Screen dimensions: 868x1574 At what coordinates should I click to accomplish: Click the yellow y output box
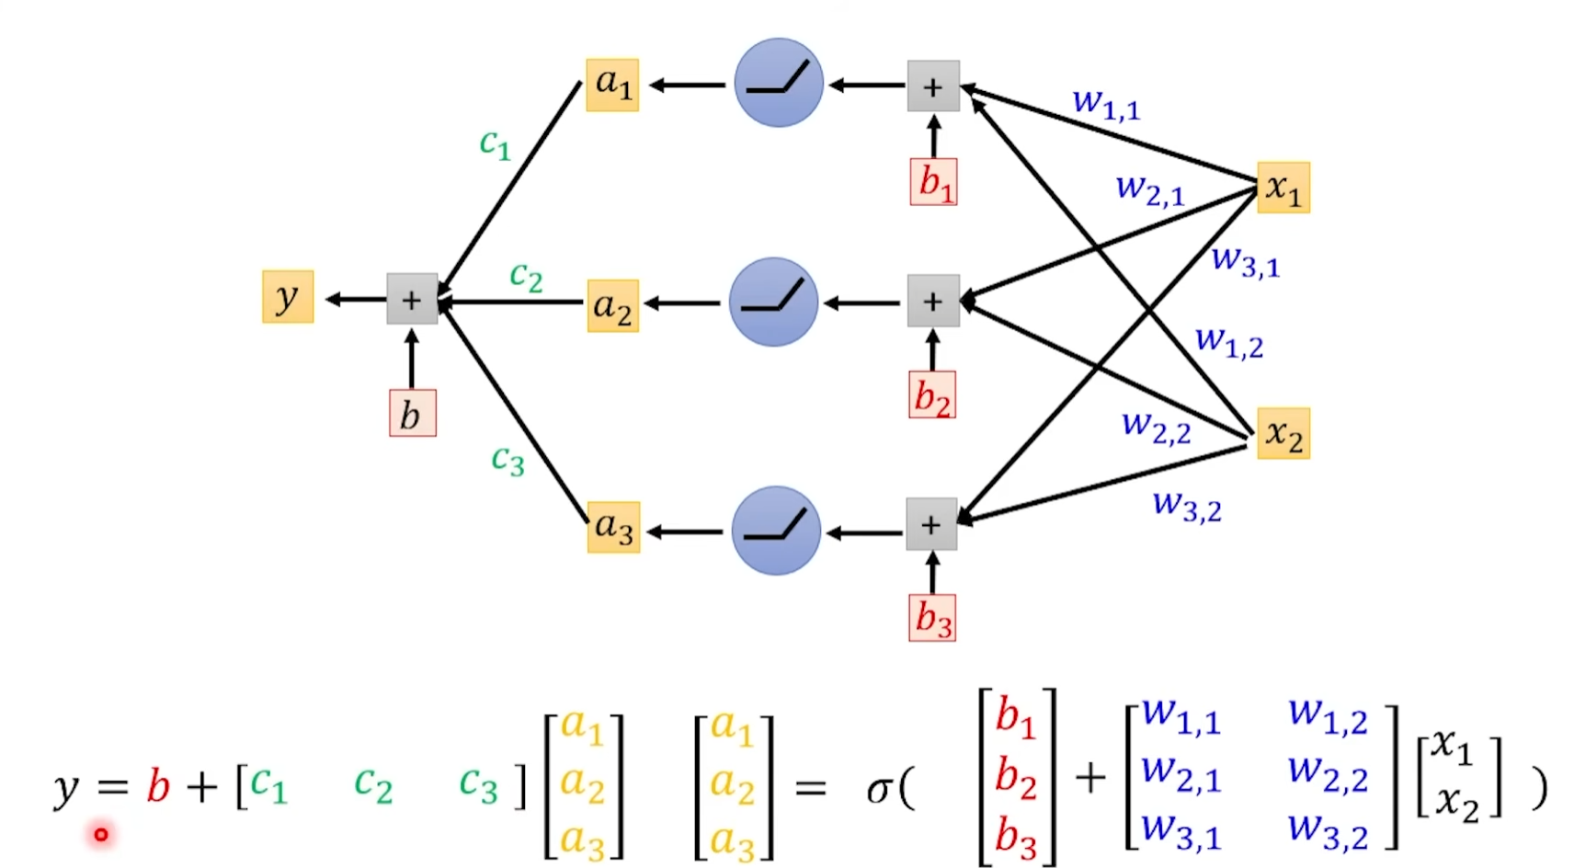click(x=288, y=297)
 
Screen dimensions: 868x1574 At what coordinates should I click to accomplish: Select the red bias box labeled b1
click(x=933, y=181)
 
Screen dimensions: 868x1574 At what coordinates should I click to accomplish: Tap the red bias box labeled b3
click(x=932, y=617)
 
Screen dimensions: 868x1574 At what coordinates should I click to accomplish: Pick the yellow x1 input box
click(x=1283, y=188)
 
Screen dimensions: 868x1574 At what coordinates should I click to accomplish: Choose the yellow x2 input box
click(x=1283, y=433)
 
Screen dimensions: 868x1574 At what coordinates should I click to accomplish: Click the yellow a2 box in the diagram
click(x=612, y=305)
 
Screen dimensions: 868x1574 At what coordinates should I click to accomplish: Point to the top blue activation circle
click(x=778, y=83)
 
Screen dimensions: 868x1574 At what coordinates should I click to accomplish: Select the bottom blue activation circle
click(x=776, y=531)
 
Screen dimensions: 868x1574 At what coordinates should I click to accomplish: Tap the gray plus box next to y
click(x=411, y=299)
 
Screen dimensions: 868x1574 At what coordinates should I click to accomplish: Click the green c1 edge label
click(x=495, y=143)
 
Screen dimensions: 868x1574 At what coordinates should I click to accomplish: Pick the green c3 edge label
click(x=508, y=459)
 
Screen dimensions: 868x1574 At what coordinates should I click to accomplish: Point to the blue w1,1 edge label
click(x=1106, y=103)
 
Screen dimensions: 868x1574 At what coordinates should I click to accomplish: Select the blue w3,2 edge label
click(x=1187, y=505)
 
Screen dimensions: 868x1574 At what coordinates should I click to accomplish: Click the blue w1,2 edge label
click(x=1228, y=342)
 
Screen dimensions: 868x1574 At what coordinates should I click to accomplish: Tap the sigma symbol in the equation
click(x=879, y=789)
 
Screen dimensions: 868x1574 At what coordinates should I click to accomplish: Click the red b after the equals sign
click(x=158, y=787)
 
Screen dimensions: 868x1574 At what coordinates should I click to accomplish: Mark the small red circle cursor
click(x=100, y=835)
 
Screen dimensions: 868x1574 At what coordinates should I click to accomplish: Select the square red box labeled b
click(x=412, y=414)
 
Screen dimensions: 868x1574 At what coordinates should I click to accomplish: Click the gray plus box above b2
click(x=932, y=301)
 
